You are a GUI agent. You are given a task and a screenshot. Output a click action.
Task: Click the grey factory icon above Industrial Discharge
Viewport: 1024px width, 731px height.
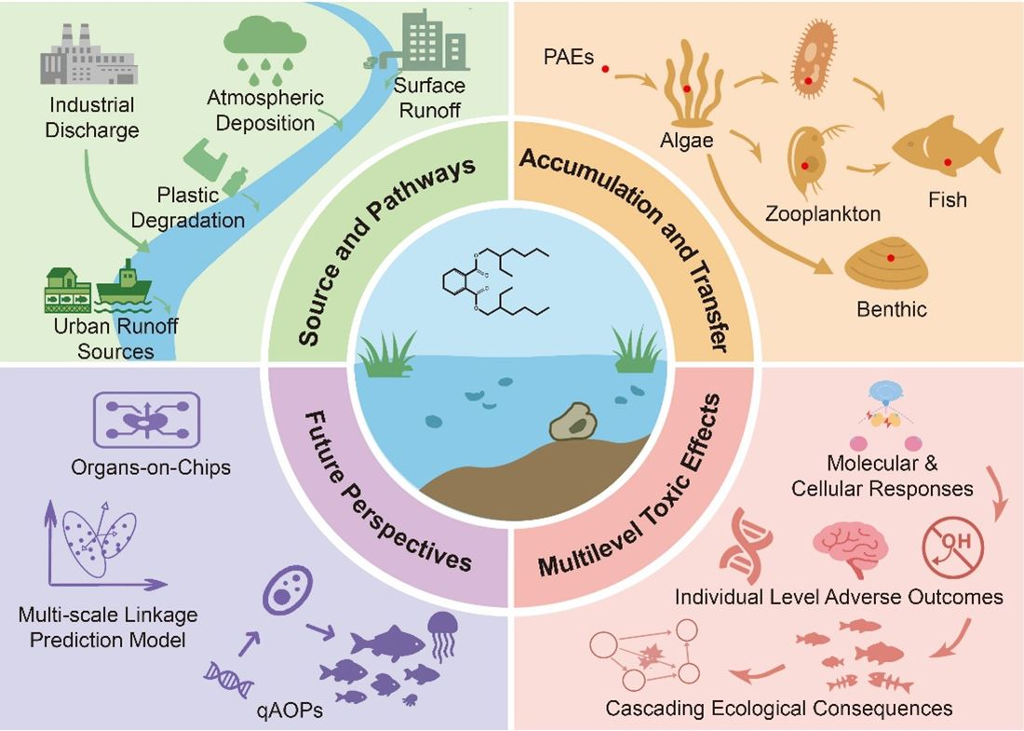click(88, 55)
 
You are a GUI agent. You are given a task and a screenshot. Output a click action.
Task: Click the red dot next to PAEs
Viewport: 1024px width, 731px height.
click(606, 70)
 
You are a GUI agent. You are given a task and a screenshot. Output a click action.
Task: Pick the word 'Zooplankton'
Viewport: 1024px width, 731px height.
click(823, 214)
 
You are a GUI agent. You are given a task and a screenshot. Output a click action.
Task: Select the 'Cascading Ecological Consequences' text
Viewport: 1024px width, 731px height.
click(779, 708)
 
